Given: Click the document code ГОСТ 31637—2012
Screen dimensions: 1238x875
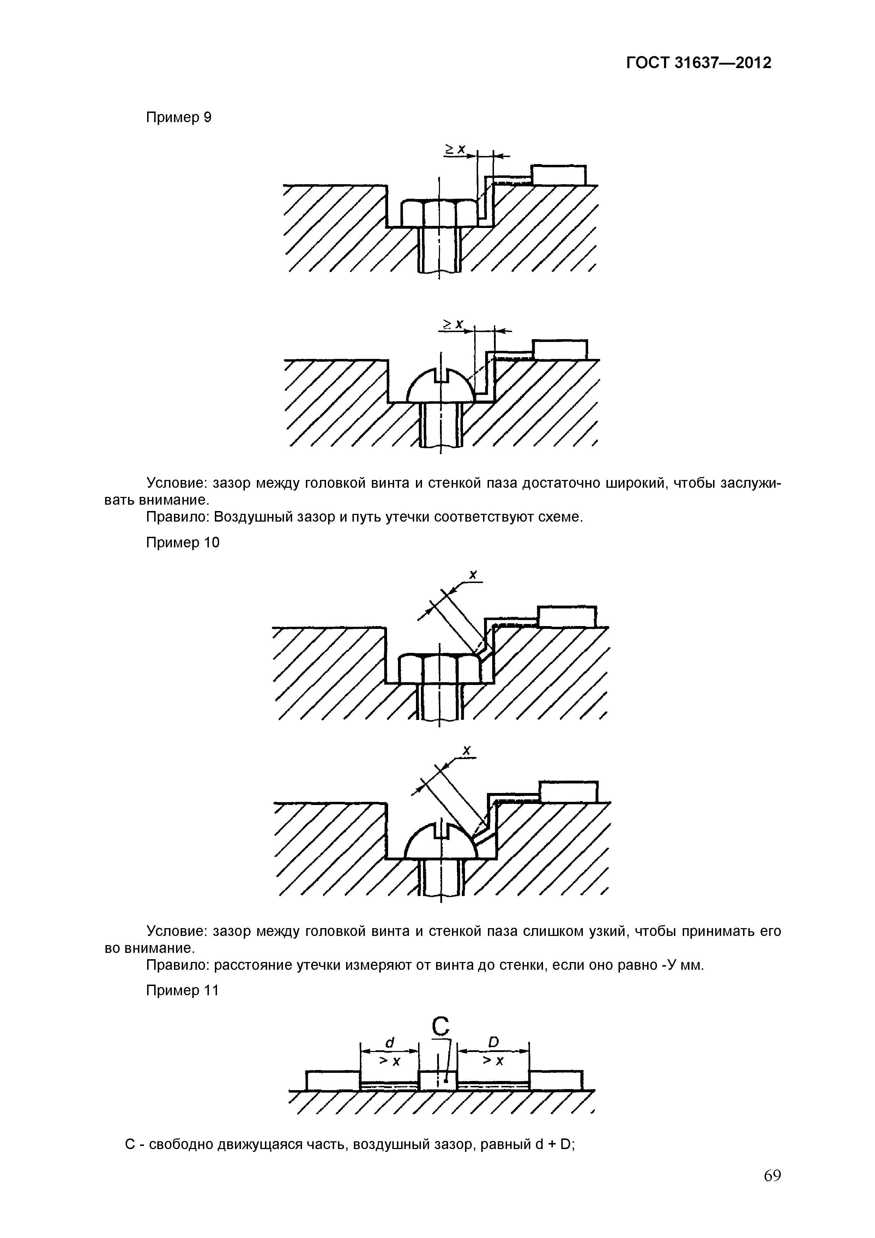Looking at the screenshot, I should (x=699, y=63).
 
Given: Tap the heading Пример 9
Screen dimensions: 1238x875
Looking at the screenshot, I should (x=179, y=117).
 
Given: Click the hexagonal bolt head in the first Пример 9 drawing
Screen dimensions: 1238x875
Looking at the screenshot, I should (x=439, y=214).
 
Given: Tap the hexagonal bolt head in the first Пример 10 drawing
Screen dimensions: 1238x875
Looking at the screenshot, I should (x=439, y=669).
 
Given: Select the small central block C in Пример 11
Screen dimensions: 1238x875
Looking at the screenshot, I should (x=438, y=1081).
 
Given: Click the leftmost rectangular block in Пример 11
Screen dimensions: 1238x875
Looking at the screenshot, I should (x=333, y=1080).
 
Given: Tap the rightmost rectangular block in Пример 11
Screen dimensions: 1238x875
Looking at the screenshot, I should (x=555, y=1080).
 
